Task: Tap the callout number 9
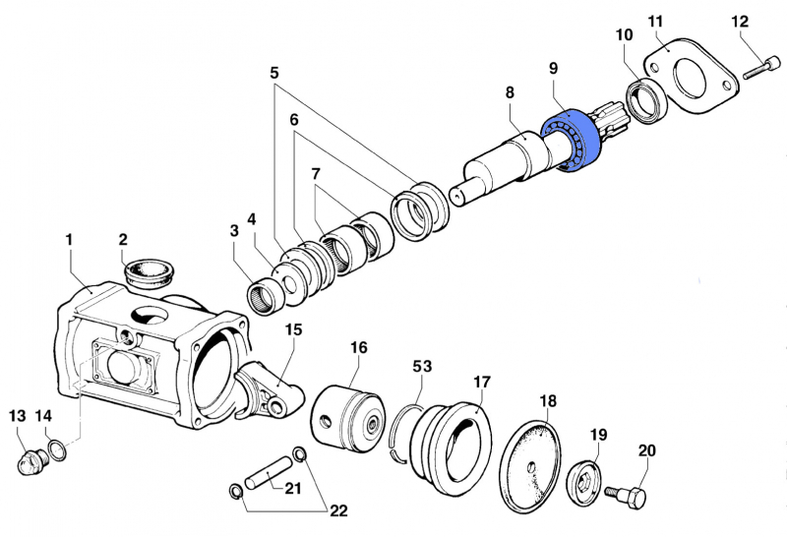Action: point(554,68)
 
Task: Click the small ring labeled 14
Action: point(58,449)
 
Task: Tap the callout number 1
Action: point(69,239)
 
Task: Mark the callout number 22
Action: point(338,510)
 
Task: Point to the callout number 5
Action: point(274,72)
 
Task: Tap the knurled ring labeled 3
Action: point(263,294)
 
